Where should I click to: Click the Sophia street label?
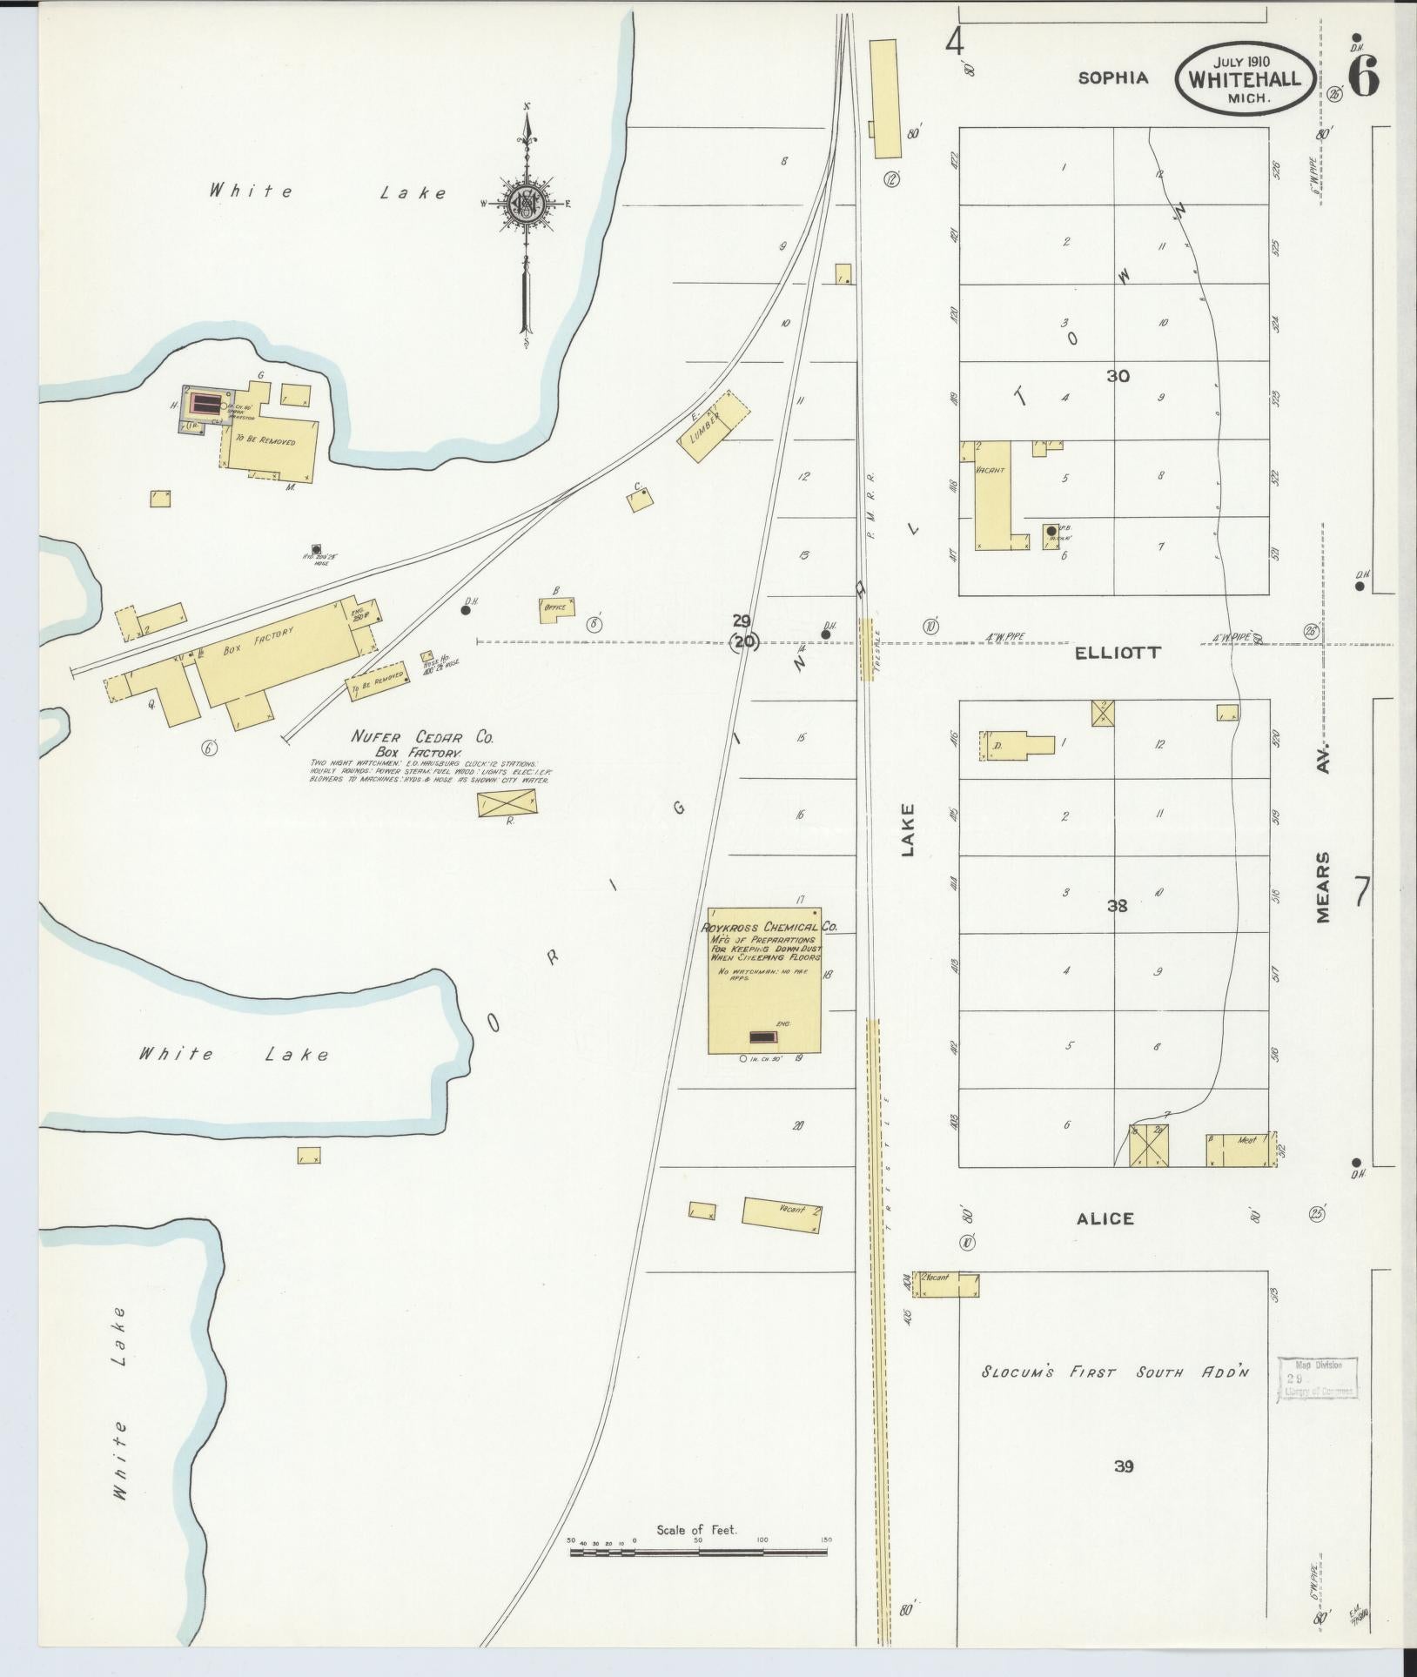click(x=1113, y=77)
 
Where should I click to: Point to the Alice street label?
click(x=1105, y=1218)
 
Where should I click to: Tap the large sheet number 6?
click(x=1362, y=78)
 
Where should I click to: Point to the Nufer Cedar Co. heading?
click(x=422, y=737)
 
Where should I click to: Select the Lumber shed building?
click(x=714, y=426)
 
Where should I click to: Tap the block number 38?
click(x=1117, y=906)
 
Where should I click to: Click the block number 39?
click(x=1123, y=1466)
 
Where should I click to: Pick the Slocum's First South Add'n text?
click(x=1115, y=1372)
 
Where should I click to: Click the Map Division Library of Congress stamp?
click(x=1317, y=1378)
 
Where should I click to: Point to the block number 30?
click(x=1118, y=376)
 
